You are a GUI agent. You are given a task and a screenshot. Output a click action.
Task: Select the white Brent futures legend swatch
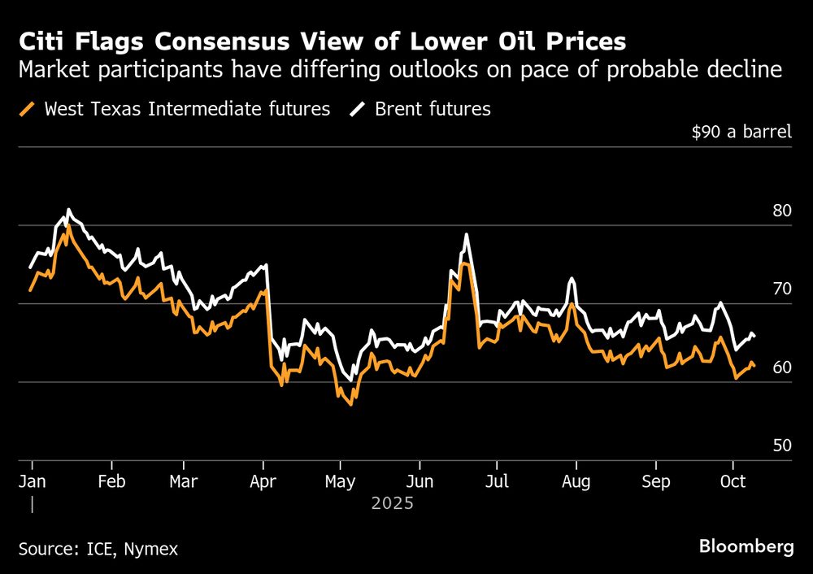[359, 108]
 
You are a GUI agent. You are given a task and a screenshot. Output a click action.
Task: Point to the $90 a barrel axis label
[741, 132]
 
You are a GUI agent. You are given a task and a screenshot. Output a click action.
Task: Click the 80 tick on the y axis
[781, 211]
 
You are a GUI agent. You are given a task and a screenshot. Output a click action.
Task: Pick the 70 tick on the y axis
[781, 289]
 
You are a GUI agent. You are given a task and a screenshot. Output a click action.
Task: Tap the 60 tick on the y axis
[781, 367]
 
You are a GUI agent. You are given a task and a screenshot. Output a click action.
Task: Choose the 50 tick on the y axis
[781, 446]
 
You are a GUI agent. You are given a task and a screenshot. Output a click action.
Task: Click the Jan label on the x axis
[32, 481]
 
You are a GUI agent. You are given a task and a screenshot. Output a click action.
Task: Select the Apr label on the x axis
[263, 481]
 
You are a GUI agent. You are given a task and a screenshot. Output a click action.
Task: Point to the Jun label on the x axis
[419, 481]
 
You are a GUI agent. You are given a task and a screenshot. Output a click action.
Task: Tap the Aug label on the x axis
[576, 481]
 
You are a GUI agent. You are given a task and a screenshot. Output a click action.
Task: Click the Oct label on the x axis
[733, 481]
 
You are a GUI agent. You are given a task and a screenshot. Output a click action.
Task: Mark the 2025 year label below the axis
[393, 504]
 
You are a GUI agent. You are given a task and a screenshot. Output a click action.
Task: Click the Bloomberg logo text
[746, 547]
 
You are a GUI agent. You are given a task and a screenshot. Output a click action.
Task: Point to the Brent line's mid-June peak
[467, 235]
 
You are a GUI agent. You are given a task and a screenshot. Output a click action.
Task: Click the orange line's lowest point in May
[350, 404]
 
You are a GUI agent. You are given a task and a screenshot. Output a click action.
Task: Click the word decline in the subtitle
[739, 71]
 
